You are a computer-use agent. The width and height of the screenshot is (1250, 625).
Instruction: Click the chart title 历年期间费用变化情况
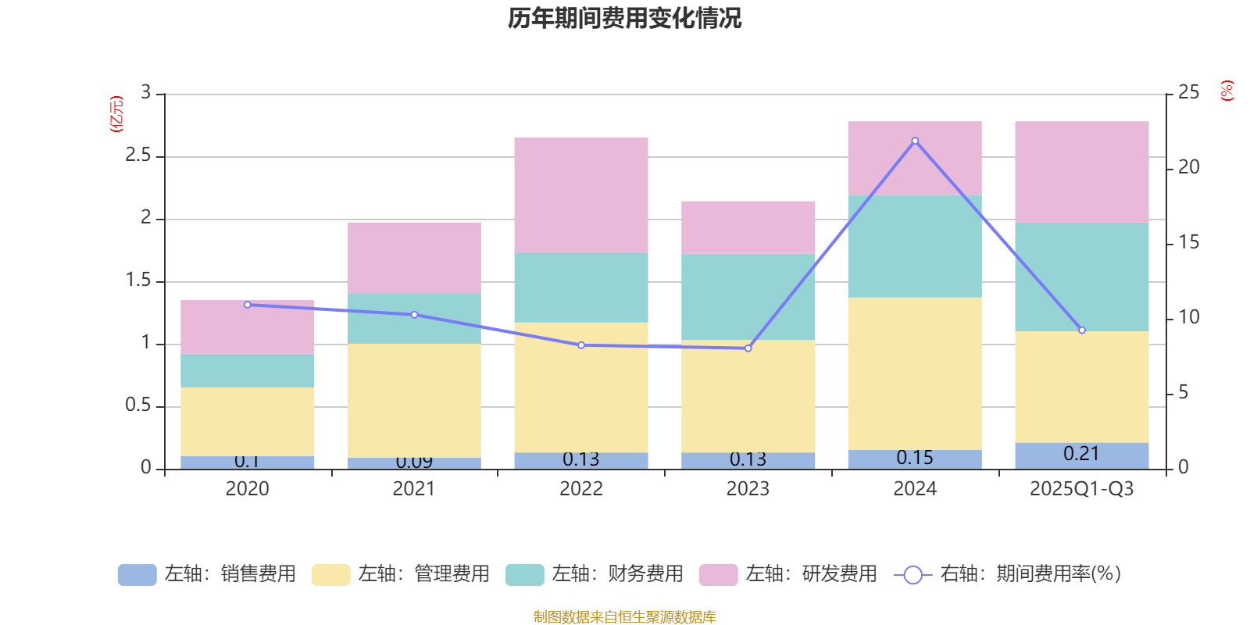click(x=624, y=18)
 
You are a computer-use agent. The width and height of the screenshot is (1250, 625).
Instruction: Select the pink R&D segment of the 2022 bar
click(x=581, y=195)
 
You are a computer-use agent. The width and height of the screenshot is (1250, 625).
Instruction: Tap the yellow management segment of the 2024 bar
click(x=915, y=373)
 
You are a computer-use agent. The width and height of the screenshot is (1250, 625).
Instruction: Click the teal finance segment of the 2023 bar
click(x=748, y=297)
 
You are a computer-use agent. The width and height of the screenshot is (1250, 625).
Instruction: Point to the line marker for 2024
click(x=915, y=141)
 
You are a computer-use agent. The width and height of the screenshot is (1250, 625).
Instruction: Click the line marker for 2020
click(x=248, y=305)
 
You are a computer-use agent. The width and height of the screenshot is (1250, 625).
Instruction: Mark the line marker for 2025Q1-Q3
click(x=1082, y=330)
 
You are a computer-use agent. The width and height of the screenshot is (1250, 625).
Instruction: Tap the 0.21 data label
click(x=1081, y=454)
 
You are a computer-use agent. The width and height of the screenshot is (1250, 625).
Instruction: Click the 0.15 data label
click(x=915, y=458)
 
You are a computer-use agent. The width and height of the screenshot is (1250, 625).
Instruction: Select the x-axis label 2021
click(x=414, y=489)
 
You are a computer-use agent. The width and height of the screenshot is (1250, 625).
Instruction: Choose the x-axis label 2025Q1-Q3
click(x=1081, y=489)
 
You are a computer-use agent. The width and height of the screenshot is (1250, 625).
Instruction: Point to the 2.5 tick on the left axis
click(x=138, y=155)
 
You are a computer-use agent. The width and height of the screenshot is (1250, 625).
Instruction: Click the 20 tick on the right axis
click(x=1188, y=167)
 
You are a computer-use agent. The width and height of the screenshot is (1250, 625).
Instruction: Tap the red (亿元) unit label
click(x=116, y=114)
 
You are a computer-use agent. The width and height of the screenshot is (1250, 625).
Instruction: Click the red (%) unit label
click(x=1227, y=91)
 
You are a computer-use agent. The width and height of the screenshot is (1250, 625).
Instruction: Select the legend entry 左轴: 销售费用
click(x=207, y=574)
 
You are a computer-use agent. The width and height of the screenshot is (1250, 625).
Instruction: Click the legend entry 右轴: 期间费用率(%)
click(x=1007, y=574)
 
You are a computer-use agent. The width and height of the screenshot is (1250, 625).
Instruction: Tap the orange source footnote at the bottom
click(x=624, y=617)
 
